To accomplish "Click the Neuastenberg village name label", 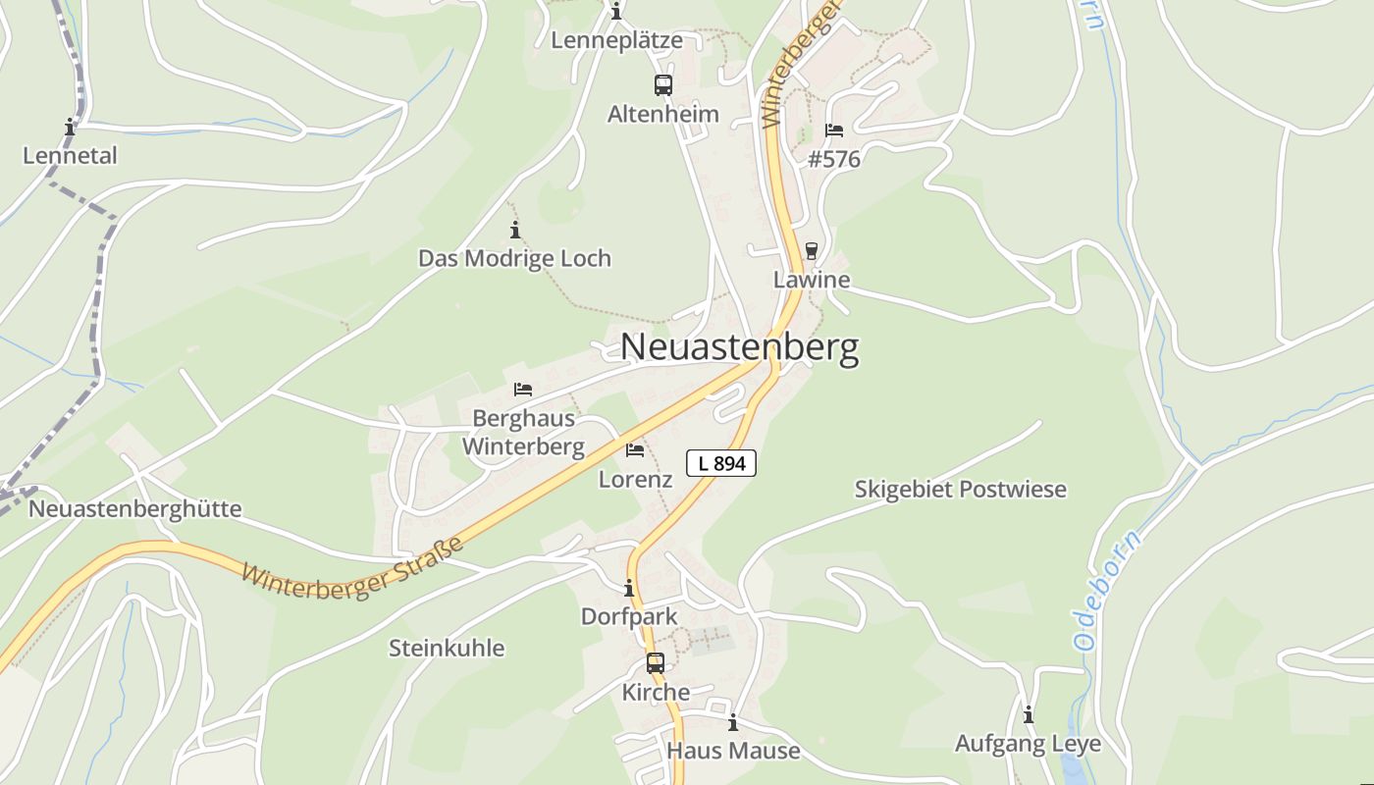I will [x=739, y=347].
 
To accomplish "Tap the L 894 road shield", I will [x=721, y=463].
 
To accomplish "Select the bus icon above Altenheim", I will [x=663, y=85].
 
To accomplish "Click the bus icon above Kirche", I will [x=656, y=663].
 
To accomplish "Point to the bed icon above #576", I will [x=834, y=131].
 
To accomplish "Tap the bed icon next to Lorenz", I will [x=635, y=450].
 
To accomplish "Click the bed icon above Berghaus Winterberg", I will [x=523, y=390].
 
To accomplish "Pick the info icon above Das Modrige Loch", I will [x=515, y=231].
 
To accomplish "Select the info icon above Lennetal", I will [x=70, y=128].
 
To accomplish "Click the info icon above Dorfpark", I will [x=629, y=589].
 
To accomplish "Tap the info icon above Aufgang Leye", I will [x=1029, y=715].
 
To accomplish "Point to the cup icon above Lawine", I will [x=811, y=251].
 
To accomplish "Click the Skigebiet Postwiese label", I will [x=960, y=490].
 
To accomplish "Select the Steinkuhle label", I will [x=447, y=649].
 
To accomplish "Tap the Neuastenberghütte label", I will [x=134, y=509].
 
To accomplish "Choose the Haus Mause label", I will [x=733, y=752].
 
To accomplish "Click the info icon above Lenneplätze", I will [x=616, y=13].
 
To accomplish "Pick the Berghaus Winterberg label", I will [x=523, y=433].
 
